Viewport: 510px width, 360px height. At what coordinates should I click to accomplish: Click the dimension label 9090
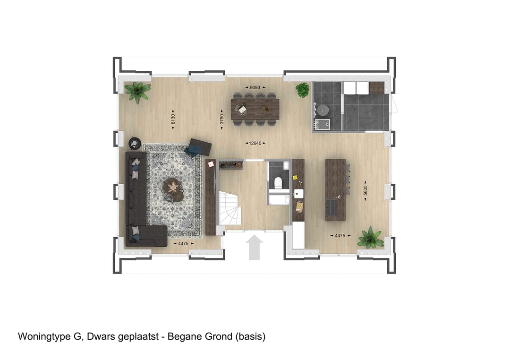click(x=255, y=87)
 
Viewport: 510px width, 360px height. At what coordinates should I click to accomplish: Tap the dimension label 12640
click(x=255, y=143)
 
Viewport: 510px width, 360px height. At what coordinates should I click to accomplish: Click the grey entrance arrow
click(x=255, y=248)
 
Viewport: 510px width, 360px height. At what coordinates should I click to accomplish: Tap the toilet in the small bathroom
click(x=278, y=182)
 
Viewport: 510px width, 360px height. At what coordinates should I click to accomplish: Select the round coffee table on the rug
click(x=173, y=188)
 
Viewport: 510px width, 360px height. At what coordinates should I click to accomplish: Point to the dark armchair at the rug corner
click(x=199, y=147)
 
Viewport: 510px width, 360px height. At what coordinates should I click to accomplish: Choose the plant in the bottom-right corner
click(x=371, y=238)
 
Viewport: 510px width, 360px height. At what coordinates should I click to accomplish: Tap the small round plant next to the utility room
click(x=303, y=90)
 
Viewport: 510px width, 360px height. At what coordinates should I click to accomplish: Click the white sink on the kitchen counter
click(x=298, y=193)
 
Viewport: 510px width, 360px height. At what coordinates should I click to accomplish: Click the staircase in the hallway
click(x=230, y=207)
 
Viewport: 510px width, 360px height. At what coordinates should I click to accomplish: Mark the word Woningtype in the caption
click(x=42, y=337)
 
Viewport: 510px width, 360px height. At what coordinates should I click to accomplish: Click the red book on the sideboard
click(x=211, y=164)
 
